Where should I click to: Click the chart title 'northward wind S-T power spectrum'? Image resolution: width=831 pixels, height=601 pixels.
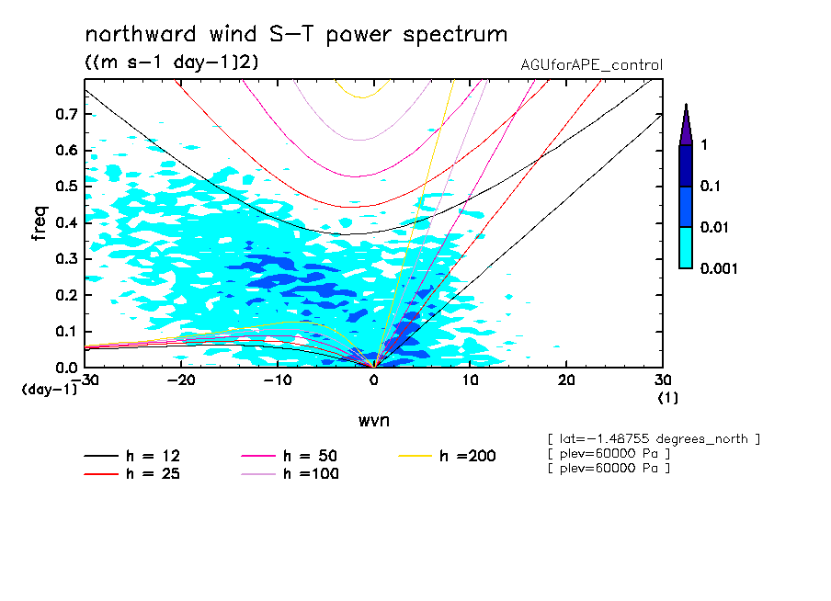(295, 35)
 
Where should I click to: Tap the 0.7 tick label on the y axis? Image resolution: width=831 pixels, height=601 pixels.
(64, 114)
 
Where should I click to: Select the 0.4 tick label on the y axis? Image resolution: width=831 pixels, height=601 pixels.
(64, 222)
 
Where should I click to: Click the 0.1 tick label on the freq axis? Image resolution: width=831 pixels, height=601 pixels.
(64, 331)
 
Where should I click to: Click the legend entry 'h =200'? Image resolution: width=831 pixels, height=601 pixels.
(468, 456)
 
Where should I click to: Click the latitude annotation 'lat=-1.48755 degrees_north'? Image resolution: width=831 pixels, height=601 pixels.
(653, 438)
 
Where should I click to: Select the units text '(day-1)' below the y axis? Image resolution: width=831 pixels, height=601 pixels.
(50, 390)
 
